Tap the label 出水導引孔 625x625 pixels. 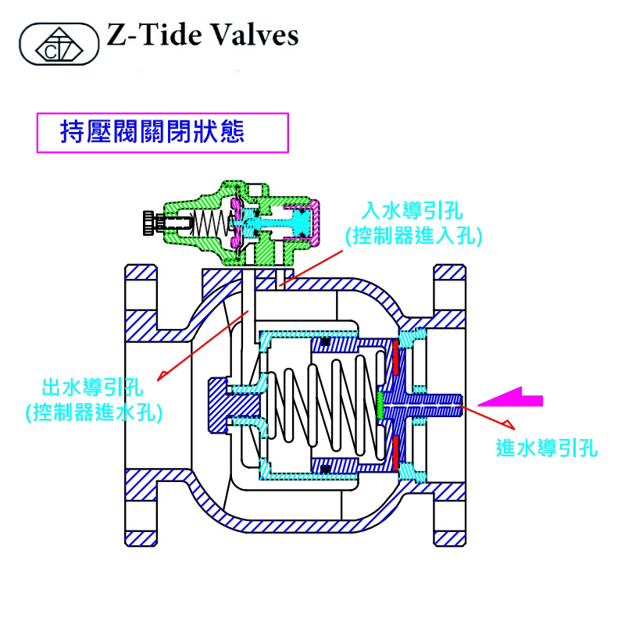(x=93, y=387)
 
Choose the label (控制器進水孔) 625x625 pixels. (x=93, y=412)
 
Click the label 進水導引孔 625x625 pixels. (x=547, y=449)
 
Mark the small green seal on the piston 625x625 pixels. (x=380, y=405)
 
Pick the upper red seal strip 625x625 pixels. (x=396, y=356)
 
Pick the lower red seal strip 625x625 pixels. (x=396, y=450)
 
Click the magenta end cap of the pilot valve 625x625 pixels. (x=314, y=220)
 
